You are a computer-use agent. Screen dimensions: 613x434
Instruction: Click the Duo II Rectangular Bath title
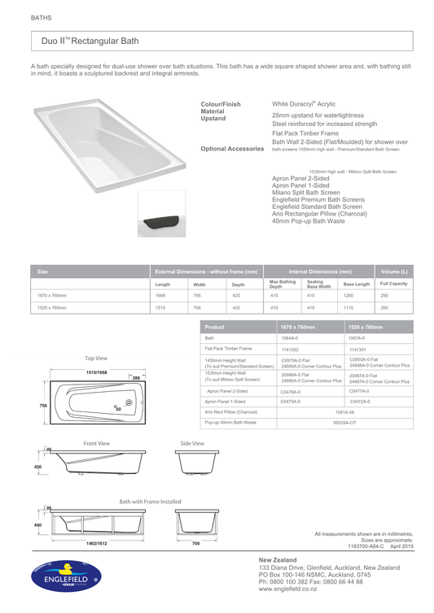tap(90, 41)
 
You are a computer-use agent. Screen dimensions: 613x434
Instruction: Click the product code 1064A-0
tap(289, 337)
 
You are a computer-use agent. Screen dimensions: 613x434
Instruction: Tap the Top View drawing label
tap(95, 358)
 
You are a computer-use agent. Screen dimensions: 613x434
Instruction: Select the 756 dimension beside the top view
tap(43, 405)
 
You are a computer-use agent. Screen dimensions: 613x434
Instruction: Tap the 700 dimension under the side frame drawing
tap(195, 543)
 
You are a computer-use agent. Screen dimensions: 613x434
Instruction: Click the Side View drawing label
tap(192, 443)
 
